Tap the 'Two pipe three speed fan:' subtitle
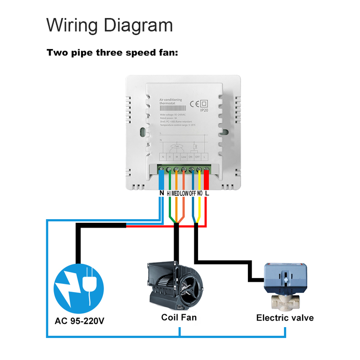pos(112,53)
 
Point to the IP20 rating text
pos(203,110)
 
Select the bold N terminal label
pos(162,193)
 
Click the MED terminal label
pos(176,193)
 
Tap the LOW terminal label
pos(184,193)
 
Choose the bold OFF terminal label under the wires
pos(192,193)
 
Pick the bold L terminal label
pos(207,193)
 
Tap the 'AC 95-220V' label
pos(79,321)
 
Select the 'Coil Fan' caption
pos(179,317)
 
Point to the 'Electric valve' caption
pos(285,318)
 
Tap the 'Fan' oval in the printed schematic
pos(177,146)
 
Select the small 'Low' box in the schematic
pos(184,157)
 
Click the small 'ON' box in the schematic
pos(191,157)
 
